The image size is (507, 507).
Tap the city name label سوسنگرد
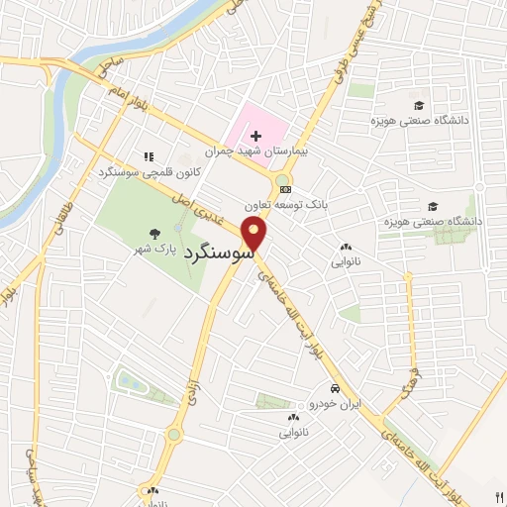pyautogui.click(x=219, y=253)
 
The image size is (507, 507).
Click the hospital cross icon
pyautogui.click(x=255, y=134)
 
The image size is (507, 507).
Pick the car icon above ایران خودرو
pyautogui.click(x=337, y=388)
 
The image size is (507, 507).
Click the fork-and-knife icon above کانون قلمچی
pyautogui.click(x=150, y=156)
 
